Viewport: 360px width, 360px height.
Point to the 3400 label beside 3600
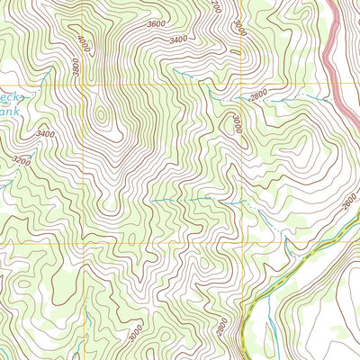pyautogui.click(x=178, y=40)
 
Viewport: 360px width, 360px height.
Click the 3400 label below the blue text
pyautogui.click(x=45, y=134)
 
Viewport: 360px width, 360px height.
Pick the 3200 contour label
pyautogui.click(x=21, y=162)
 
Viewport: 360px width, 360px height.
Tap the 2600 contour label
pyautogui.click(x=349, y=204)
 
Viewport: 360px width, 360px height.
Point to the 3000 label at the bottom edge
pyautogui.click(x=135, y=332)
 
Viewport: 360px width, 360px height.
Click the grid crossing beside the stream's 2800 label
pyautogui.click(x=242, y=86)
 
